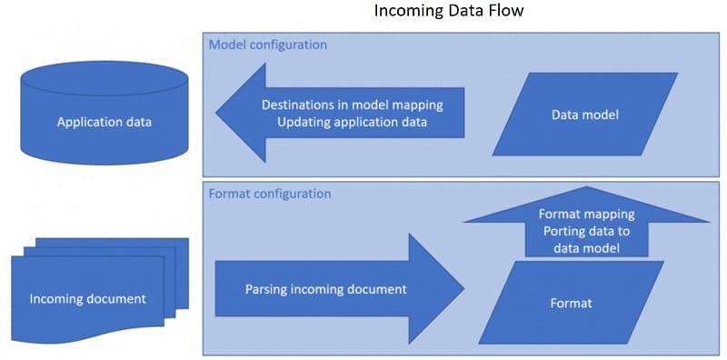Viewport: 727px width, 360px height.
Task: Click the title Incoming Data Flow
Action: (x=450, y=12)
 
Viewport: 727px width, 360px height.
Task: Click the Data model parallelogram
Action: (x=584, y=115)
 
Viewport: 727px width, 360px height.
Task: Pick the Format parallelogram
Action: (x=571, y=303)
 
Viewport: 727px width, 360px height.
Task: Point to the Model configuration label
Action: (x=268, y=45)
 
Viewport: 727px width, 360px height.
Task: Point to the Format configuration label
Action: (x=270, y=194)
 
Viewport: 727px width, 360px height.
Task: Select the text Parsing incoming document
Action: (x=325, y=289)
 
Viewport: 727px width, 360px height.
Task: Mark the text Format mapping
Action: (x=586, y=215)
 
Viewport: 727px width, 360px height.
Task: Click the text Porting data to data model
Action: (x=586, y=238)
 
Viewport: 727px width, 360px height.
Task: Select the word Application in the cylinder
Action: (x=84, y=121)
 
